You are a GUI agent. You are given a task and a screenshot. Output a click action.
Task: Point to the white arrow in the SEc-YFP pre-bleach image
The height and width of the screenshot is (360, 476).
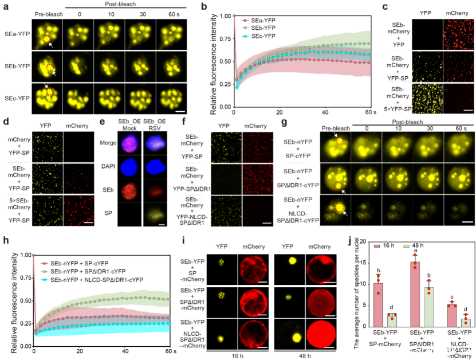(x=45, y=87)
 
